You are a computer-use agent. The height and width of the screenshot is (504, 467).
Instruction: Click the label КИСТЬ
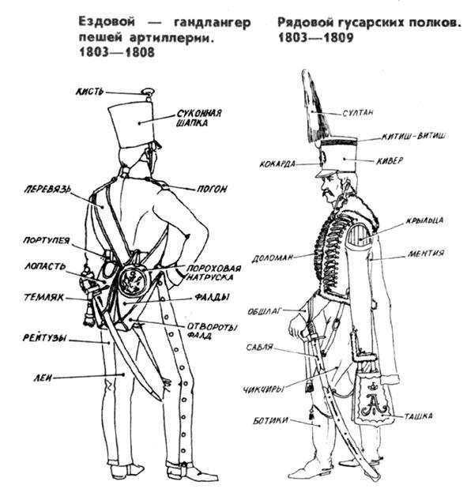(x=90, y=92)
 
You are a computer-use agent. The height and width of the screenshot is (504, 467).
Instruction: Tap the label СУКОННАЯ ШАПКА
(x=198, y=118)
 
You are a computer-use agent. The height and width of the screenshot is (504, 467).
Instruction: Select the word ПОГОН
(x=212, y=189)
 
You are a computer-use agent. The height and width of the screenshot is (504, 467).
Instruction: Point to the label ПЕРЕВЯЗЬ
(x=47, y=189)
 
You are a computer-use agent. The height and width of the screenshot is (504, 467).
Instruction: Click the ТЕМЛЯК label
(x=44, y=298)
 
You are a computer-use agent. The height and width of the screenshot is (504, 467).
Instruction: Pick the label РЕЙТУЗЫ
(x=44, y=338)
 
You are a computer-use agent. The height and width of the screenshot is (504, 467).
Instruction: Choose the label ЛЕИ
(x=43, y=378)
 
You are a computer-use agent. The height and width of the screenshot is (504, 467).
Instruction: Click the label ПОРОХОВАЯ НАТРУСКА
(x=213, y=273)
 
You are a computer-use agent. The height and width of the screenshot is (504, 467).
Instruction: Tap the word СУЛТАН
(x=358, y=112)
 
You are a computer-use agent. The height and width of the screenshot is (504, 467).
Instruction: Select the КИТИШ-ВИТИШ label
(x=413, y=136)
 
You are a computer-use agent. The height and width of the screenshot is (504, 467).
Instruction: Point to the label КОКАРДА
(x=277, y=164)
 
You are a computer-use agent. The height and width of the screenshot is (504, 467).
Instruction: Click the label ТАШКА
(x=418, y=416)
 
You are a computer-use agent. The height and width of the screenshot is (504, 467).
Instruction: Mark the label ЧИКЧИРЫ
(x=263, y=389)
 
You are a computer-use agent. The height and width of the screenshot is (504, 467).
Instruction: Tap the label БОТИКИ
(x=270, y=420)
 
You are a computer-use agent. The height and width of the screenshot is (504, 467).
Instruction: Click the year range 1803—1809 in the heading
(x=315, y=38)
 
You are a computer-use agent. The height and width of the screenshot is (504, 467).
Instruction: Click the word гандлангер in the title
(x=213, y=22)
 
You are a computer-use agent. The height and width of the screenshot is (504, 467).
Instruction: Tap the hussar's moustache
(x=327, y=193)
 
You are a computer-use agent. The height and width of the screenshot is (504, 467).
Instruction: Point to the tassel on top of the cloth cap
(x=148, y=93)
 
